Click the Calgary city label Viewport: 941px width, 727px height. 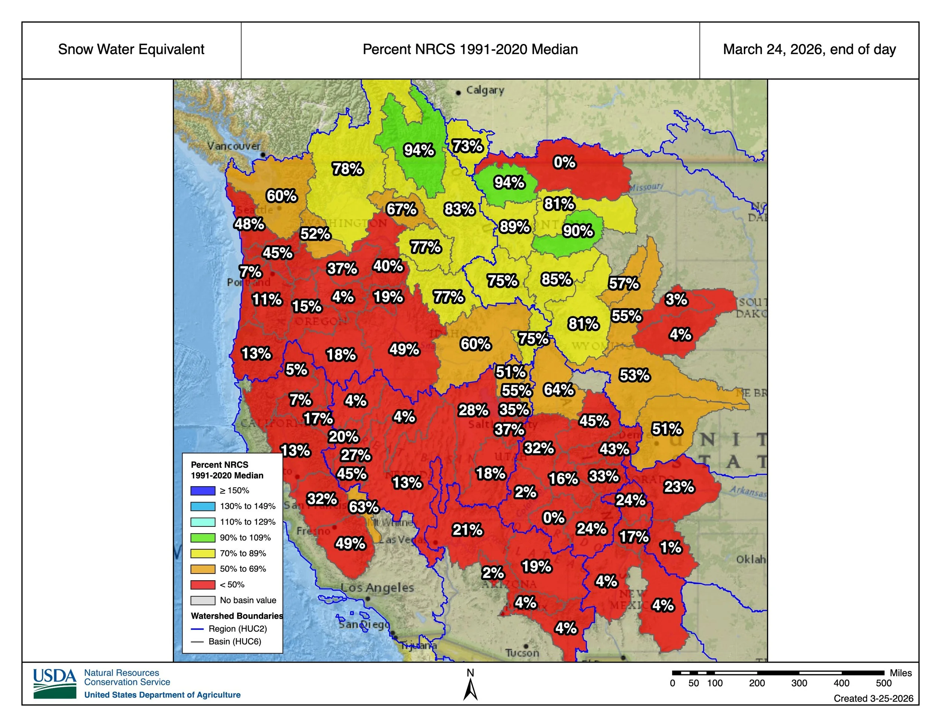[x=485, y=90]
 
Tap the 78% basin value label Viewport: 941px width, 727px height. [x=347, y=169]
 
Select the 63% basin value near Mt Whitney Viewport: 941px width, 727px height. [x=364, y=507]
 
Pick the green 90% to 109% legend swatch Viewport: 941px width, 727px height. [x=203, y=537]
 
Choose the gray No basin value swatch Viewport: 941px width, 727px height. [x=203, y=600]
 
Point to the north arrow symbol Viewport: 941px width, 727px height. [x=470, y=689]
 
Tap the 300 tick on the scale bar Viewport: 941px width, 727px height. [x=799, y=683]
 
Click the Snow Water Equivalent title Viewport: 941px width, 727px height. [x=131, y=50]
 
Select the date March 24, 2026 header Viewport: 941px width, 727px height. [x=809, y=50]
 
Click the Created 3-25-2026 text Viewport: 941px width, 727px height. [x=873, y=698]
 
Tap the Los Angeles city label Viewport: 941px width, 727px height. [x=377, y=588]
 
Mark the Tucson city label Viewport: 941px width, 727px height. [x=522, y=653]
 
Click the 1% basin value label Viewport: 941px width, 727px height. [x=670, y=548]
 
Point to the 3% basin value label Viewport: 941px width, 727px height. [x=676, y=299]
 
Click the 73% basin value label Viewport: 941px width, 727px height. [x=467, y=146]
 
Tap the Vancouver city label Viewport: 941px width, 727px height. [x=234, y=146]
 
